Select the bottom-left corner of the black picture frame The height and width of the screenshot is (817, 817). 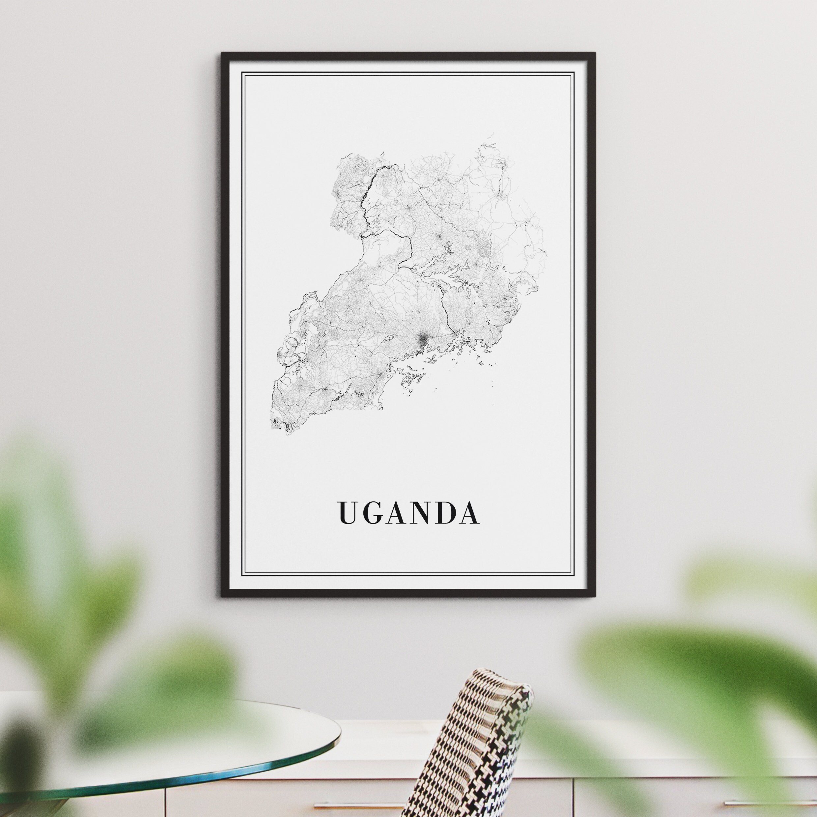pyautogui.click(x=222, y=596)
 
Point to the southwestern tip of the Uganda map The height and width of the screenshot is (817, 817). pyautogui.click(x=275, y=423)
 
